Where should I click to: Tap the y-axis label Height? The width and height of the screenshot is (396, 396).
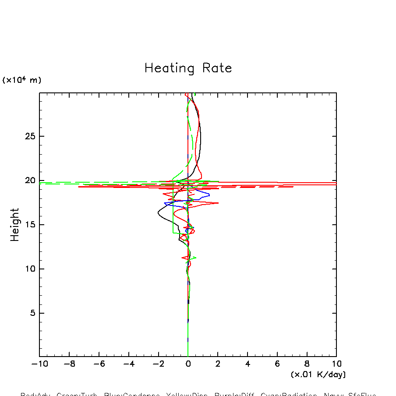coord(15,225)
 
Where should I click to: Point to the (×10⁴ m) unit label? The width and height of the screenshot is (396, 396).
coord(21,80)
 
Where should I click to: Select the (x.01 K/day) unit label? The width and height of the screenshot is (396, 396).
coord(318,375)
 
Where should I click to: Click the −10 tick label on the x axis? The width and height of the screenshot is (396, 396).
coord(38,364)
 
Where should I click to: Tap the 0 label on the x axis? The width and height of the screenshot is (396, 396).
coord(188,364)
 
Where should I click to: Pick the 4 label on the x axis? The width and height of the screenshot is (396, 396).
coord(247,364)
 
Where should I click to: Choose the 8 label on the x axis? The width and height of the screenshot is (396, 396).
coord(307,364)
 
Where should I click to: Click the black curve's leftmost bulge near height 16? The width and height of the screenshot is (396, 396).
coord(158,213)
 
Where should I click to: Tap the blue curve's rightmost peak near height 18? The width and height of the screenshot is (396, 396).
coord(209,194)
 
